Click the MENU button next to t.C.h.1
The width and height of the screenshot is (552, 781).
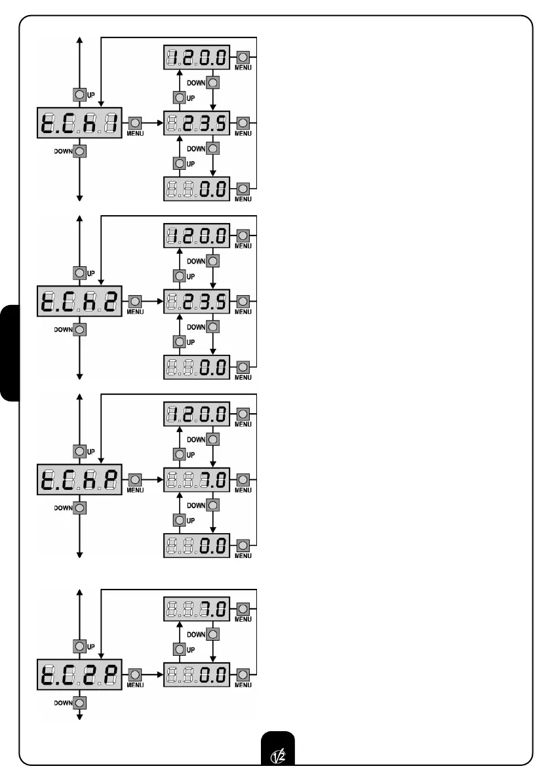click(135, 123)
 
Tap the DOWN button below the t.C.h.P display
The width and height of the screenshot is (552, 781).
click(80, 508)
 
